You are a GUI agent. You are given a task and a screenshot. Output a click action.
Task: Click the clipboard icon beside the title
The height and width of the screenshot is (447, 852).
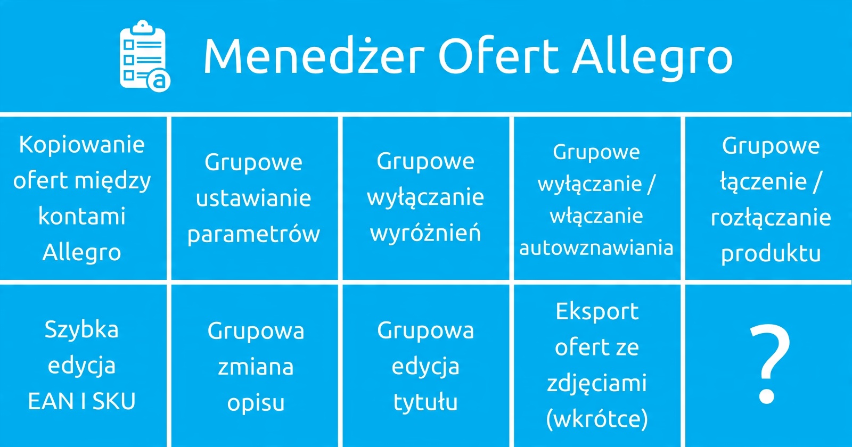pos(144,56)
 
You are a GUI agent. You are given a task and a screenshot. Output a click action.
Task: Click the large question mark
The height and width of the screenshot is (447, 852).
pos(769,364)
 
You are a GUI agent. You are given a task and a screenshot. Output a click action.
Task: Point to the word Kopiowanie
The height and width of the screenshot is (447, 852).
pos(82,145)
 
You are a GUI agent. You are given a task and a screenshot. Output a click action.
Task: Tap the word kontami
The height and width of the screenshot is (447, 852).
pos(82,216)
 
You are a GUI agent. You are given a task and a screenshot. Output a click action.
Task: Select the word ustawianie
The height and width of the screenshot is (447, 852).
pos(253,198)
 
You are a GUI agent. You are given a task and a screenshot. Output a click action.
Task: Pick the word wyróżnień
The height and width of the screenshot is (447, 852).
pos(425,233)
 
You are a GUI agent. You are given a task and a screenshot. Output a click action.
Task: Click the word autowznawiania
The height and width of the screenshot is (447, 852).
pos(596,248)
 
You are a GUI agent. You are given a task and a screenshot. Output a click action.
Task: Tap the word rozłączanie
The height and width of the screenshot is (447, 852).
pos(771,218)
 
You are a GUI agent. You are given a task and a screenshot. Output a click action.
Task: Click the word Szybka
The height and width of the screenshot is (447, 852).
pos(82,330)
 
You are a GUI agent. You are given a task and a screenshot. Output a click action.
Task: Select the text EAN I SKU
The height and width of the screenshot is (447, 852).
pos(82,401)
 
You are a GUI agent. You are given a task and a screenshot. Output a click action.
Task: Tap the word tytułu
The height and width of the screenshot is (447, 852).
pos(425,402)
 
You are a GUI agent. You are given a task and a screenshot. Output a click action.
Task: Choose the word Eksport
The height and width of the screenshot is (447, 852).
pos(597,312)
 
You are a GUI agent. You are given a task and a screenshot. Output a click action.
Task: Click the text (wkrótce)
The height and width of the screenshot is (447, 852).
pos(597,419)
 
